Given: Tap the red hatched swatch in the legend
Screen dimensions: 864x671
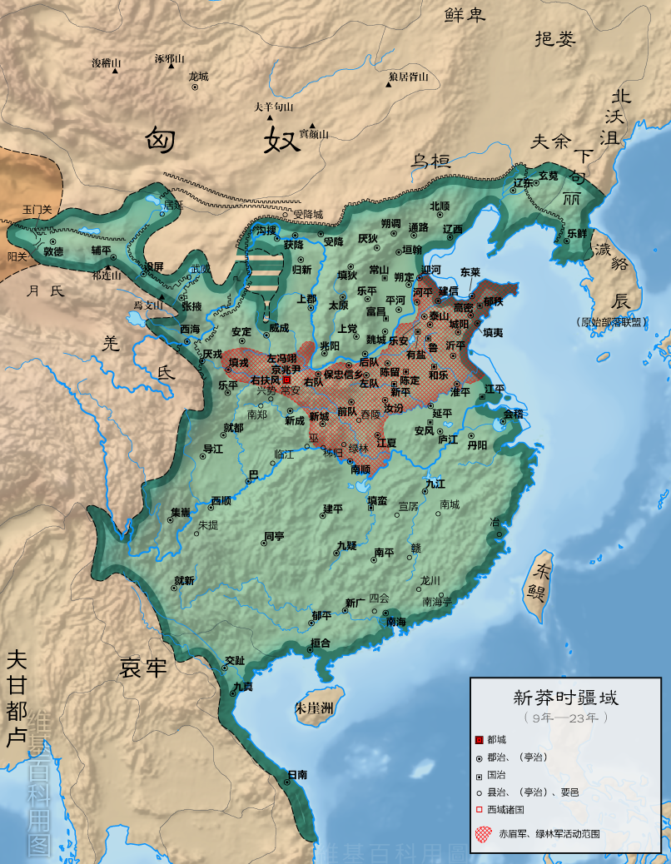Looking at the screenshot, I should [481, 832].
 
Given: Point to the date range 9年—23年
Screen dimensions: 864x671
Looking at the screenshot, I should [565, 717].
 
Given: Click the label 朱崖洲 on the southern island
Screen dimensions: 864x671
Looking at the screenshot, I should [313, 708].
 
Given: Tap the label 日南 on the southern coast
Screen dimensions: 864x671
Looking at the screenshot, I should [297, 774].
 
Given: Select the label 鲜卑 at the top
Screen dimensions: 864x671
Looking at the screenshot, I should [465, 14].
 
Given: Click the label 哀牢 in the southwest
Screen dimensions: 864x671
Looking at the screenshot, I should [143, 668].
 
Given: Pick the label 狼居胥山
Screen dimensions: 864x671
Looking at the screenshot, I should [408, 77].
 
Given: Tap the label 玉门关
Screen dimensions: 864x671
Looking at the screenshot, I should [37, 210].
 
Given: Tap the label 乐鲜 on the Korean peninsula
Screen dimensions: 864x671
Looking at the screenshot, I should [576, 233].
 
